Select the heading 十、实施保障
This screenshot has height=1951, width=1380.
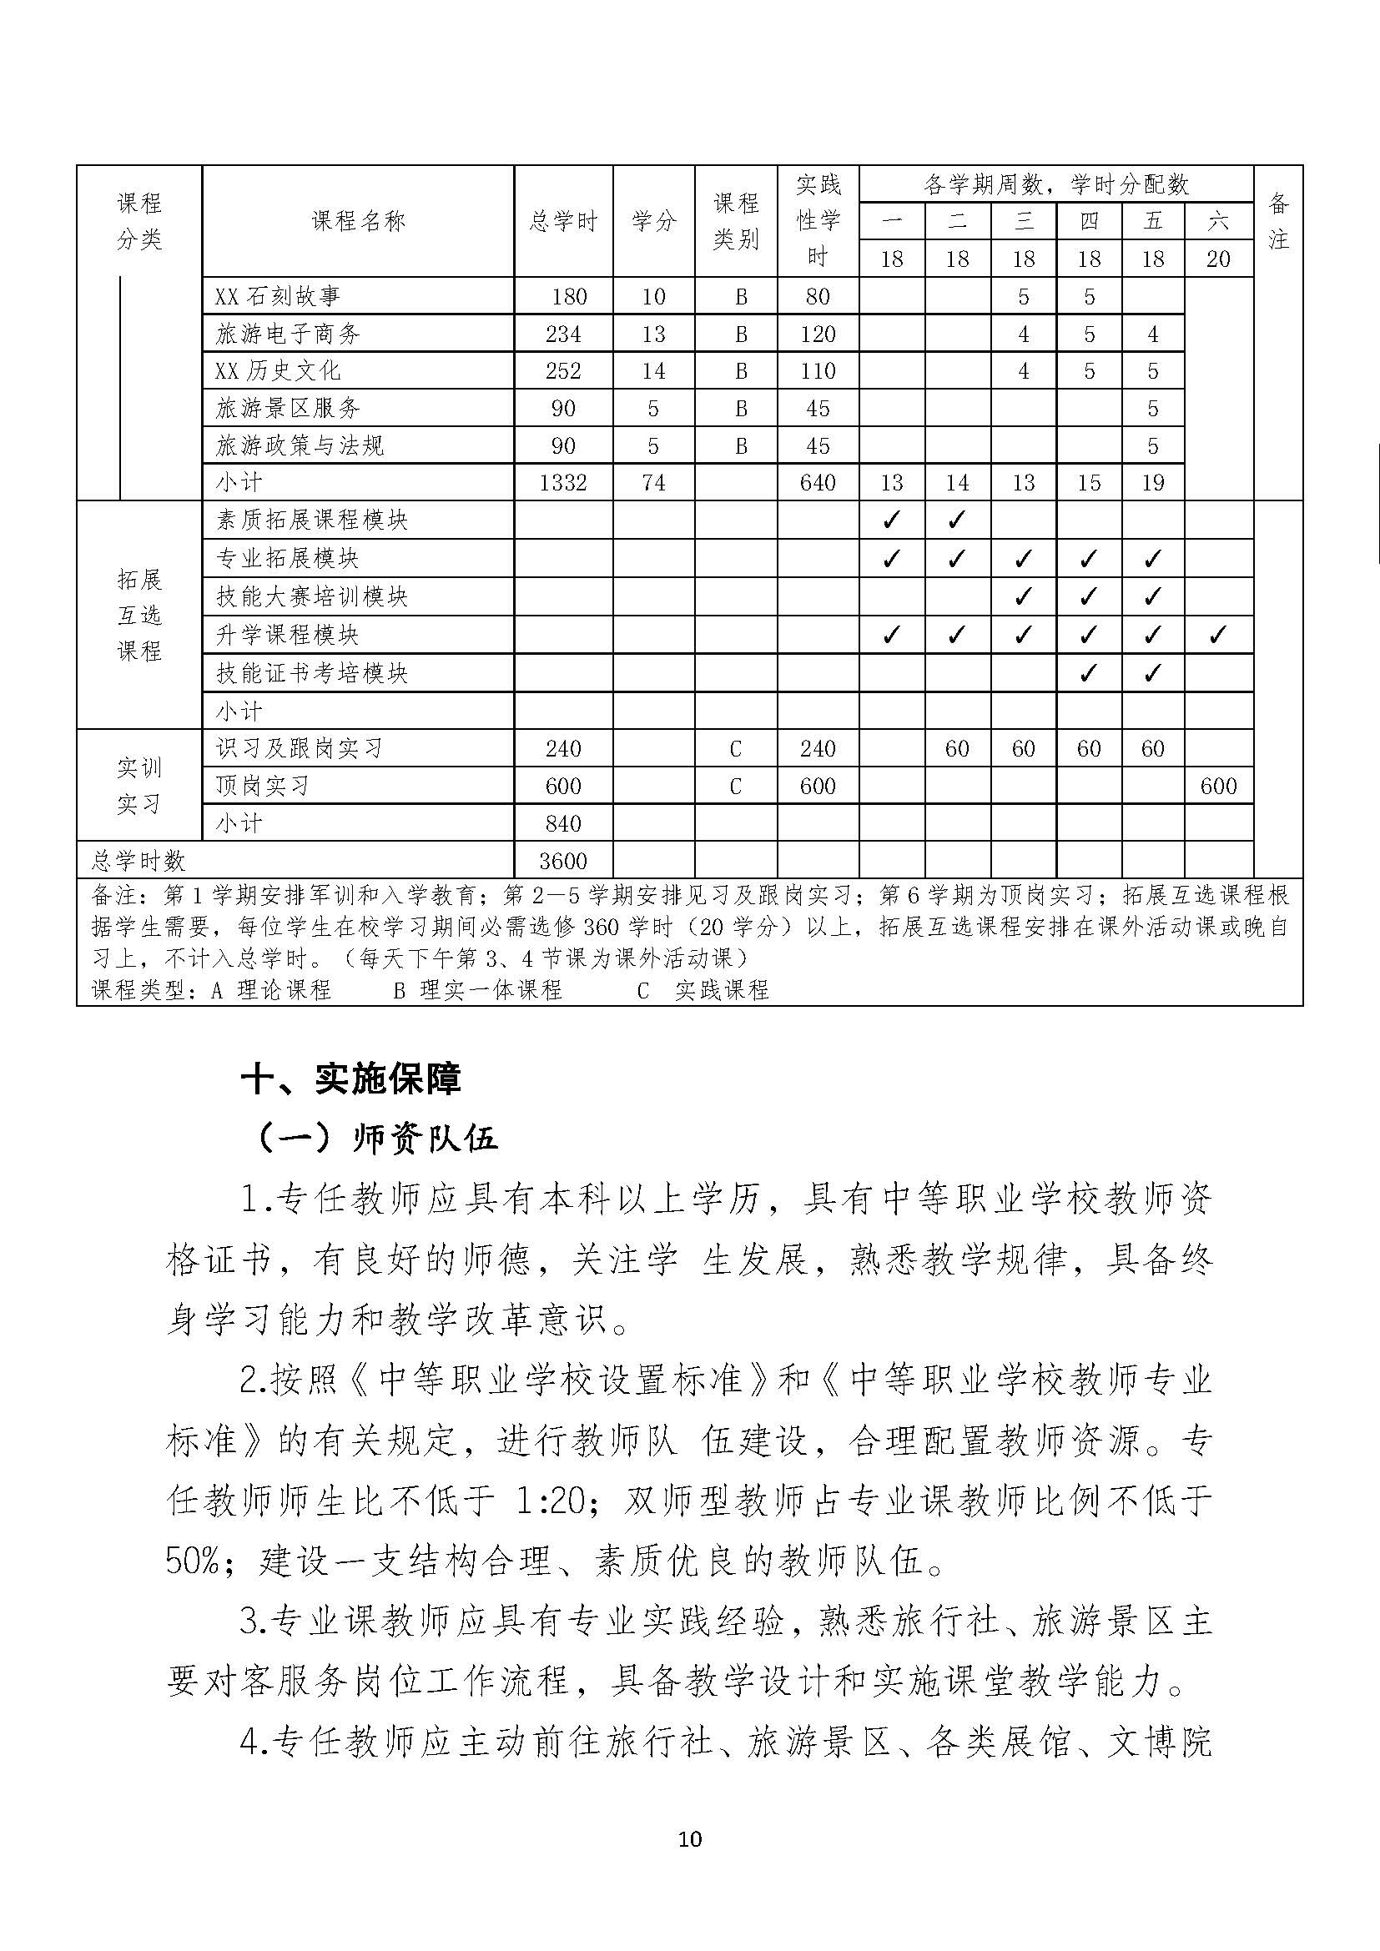[x=351, y=1079]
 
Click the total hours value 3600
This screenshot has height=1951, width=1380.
[x=562, y=861]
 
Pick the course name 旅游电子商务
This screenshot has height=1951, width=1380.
[x=288, y=334]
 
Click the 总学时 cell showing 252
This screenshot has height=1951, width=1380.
[x=562, y=371]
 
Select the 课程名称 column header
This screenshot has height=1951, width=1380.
[x=358, y=222]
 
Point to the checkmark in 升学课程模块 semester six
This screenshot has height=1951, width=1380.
[x=1217, y=635]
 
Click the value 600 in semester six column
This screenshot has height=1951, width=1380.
[x=1217, y=786]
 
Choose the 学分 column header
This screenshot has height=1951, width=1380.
[x=653, y=222]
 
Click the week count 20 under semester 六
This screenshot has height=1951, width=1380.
[x=1217, y=259]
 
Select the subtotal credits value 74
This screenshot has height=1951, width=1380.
[x=653, y=483]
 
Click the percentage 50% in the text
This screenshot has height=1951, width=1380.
[x=194, y=1562]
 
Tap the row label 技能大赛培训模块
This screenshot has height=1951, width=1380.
[x=312, y=596]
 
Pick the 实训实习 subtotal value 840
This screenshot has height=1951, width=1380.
[x=562, y=823]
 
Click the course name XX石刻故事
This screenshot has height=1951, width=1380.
[x=278, y=297]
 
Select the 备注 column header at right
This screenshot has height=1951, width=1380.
[x=1278, y=222]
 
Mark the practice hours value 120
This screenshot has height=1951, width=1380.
[x=818, y=334]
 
